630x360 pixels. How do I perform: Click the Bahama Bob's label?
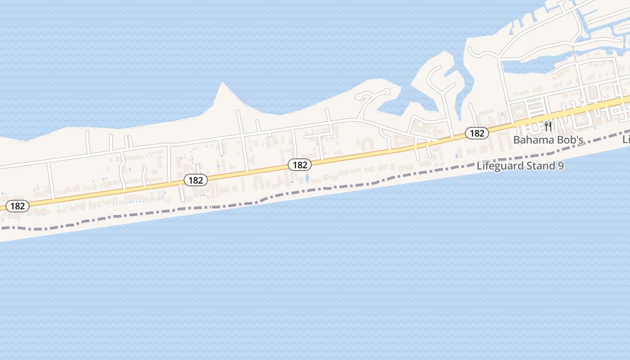pyautogui.click(x=548, y=140)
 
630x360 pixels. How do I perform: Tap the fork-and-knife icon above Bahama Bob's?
pyautogui.click(x=548, y=126)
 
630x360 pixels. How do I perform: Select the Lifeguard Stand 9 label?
pyautogui.click(x=520, y=166)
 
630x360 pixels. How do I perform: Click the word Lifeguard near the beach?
pyautogui.click(x=500, y=166)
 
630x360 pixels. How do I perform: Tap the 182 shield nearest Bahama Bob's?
pyautogui.click(x=477, y=133)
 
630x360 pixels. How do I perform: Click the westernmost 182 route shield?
pyautogui.click(x=18, y=206)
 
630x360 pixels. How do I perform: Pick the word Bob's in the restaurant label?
pyautogui.click(x=570, y=140)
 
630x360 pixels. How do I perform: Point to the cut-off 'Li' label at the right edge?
pyautogui.click(x=626, y=140)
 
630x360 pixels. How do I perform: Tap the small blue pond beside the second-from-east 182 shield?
pyautogui.click(x=307, y=178)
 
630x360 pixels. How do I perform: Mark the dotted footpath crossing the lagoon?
pyautogui.click(x=574, y=53)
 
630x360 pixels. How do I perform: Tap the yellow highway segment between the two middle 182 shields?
pyautogui.click(x=247, y=172)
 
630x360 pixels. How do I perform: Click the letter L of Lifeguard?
pyautogui.click(x=479, y=166)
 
